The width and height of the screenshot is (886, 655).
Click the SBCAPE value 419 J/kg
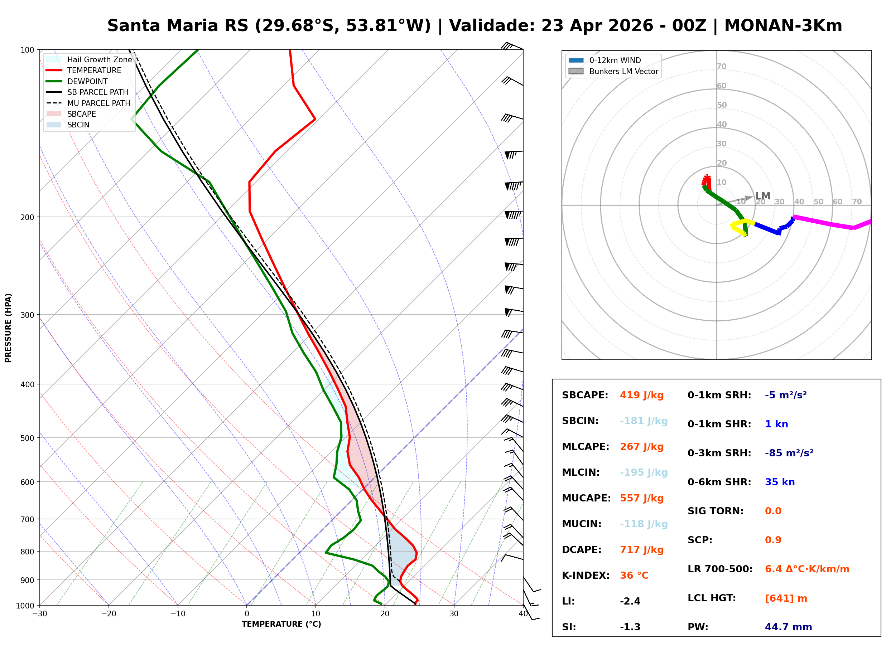click(x=641, y=395)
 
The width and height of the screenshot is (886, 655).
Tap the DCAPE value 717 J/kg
click(x=641, y=549)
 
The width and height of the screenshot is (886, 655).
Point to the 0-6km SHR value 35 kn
click(x=779, y=482)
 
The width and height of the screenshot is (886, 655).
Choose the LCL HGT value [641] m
click(x=786, y=598)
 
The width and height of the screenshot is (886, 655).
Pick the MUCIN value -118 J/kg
click(x=643, y=524)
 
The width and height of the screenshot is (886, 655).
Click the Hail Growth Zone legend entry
click(x=99, y=59)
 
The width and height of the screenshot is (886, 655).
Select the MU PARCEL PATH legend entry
click(x=98, y=103)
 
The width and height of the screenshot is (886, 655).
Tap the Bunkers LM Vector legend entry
click(x=623, y=71)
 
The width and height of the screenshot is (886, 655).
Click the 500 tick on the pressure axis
click(x=27, y=438)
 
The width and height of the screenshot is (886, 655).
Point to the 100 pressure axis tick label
click(x=27, y=50)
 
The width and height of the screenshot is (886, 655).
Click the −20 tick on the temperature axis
click(x=108, y=614)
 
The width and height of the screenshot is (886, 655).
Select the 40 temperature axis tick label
click(x=523, y=614)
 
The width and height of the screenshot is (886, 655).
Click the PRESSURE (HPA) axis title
click(x=8, y=328)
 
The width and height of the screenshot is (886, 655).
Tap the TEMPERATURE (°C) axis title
click(x=281, y=624)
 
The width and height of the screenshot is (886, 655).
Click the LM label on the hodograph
click(x=762, y=196)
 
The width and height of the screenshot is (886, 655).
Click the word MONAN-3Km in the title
click(x=783, y=26)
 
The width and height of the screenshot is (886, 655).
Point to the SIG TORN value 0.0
click(x=773, y=511)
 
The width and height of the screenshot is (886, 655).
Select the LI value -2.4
click(x=630, y=601)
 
